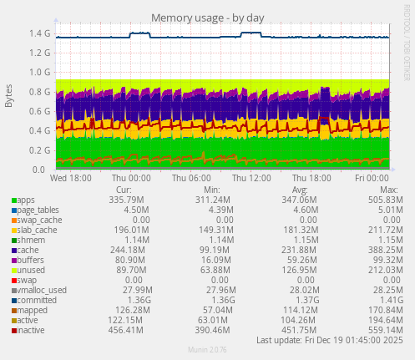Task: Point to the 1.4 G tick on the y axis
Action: (x=39, y=34)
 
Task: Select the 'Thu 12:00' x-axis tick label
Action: (x=251, y=178)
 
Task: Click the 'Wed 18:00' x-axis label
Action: (x=72, y=178)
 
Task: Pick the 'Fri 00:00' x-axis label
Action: (x=372, y=178)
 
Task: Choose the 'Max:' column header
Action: (x=389, y=190)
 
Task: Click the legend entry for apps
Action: (x=26, y=200)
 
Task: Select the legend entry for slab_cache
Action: (x=35, y=230)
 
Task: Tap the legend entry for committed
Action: (x=36, y=299)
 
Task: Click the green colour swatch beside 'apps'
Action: (x=13, y=200)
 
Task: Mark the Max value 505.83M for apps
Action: (x=382, y=200)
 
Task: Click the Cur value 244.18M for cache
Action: (x=124, y=250)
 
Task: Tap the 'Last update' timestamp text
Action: (x=331, y=340)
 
